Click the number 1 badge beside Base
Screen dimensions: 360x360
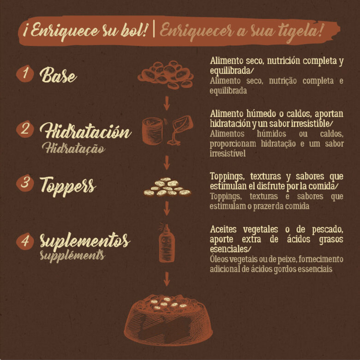(x=25, y=74)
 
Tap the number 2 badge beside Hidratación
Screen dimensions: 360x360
(x=25, y=129)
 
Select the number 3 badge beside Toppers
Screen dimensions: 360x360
(x=25, y=183)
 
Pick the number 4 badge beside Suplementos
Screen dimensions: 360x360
(x=25, y=241)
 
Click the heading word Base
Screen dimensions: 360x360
(x=58, y=75)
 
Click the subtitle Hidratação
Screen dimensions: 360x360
(x=74, y=148)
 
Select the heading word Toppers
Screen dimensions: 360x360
(x=68, y=186)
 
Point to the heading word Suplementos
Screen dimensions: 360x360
(x=85, y=241)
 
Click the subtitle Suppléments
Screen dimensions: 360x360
(x=72, y=255)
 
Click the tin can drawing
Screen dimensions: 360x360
(x=152, y=131)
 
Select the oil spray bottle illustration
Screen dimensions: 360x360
(x=167, y=243)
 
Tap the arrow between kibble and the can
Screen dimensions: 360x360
(x=167, y=103)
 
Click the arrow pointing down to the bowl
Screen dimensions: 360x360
(x=167, y=279)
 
